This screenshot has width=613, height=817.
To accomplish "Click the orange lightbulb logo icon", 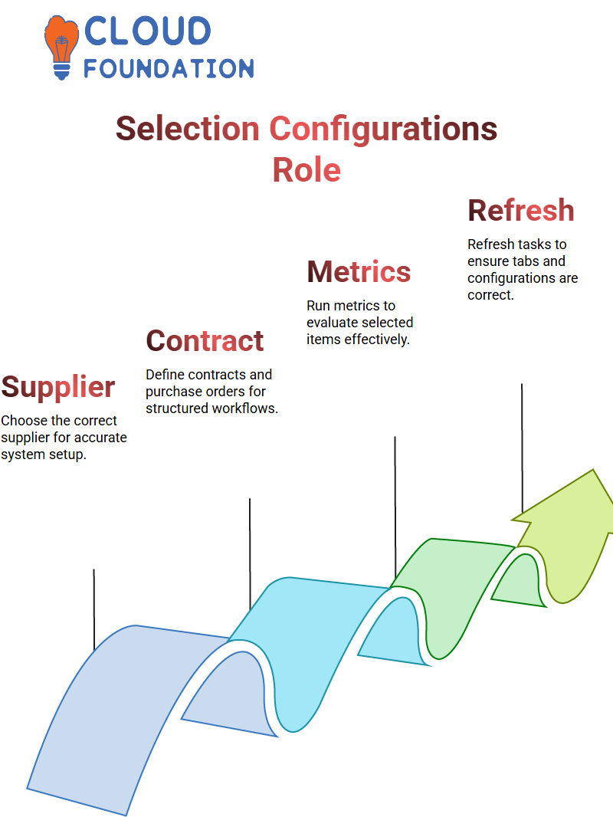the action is coord(61,48).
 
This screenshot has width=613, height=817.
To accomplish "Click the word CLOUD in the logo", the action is coord(147,31).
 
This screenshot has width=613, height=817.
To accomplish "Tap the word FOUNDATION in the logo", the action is coord(169,68).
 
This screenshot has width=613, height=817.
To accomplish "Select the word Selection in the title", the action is coord(188,129).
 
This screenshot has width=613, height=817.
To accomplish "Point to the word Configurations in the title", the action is coord(383,130).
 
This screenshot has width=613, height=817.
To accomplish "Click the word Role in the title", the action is coord(306,170).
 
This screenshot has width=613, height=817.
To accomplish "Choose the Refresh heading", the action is coord(521,211).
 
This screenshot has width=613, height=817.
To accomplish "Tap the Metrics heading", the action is coord(359,272).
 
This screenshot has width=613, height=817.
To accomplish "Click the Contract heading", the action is coord(205,341).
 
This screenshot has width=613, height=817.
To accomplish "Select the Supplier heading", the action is coord(57,388).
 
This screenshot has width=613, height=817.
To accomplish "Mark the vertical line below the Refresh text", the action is coord(522,448).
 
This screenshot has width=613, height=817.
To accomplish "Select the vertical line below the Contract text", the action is coord(250,554).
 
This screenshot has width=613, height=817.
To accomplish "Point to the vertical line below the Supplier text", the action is coord(94,609).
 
